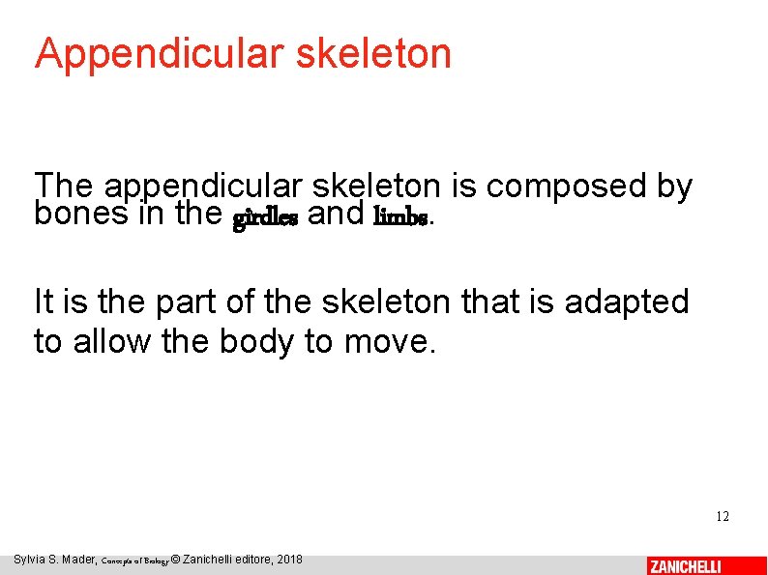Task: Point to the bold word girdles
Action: click(x=265, y=217)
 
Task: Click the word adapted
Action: click(x=628, y=302)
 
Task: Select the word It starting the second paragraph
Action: click(x=44, y=302)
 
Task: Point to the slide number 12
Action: click(x=723, y=516)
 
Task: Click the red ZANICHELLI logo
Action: click(x=686, y=566)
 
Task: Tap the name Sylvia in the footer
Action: click(x=31, y=560)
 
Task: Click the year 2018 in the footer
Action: click(x=288, y=560)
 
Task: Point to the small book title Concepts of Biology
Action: click(x=134, y=561)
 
